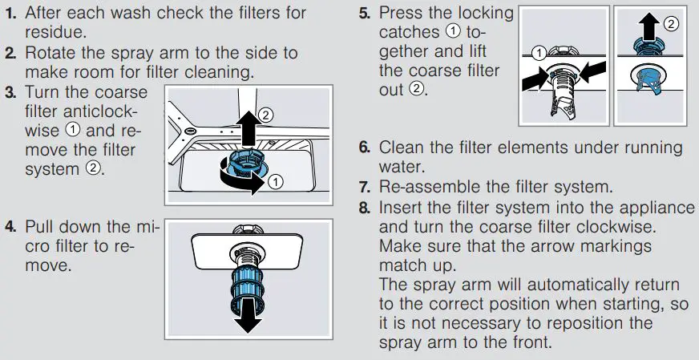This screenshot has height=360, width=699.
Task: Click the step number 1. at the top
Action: click(10, 14)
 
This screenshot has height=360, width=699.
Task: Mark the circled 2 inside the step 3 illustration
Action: click(267, 115)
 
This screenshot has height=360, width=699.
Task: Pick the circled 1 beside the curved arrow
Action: click(275, 182)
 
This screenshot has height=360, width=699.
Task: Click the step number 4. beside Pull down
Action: click(10, 227)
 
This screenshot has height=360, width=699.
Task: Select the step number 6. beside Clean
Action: click(365, 148)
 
